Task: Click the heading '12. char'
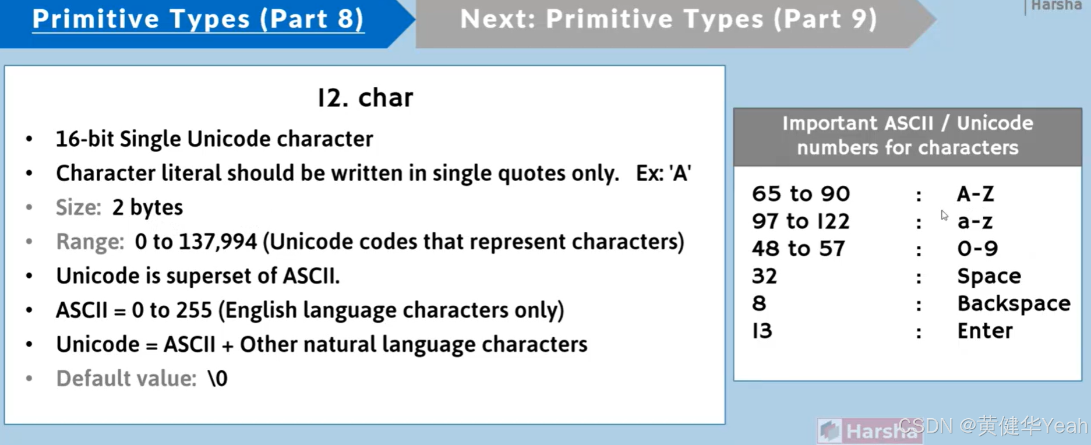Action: [x=365, y=98]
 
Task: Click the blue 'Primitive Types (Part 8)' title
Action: [x=198, y=19]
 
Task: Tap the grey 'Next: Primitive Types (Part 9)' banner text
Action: [x=668, y=19]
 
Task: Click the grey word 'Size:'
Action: [x=79, y=207]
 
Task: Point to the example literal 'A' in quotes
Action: [x=680, y=174]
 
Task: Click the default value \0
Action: [x=218, y=379]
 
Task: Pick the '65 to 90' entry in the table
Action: [x=800, y=194]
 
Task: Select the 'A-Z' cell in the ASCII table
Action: [x=975, y=194]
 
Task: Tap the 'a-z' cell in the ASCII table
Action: [x=975, y=222]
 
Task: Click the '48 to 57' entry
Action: [x=798, y=249]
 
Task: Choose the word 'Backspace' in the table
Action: [x=1014, y=303]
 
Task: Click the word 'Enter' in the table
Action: [x=985, y=331]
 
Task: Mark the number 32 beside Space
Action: [x=764, y=276]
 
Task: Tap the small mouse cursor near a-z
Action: [x=944, y=215]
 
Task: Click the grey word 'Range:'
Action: [x=90, y=242]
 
